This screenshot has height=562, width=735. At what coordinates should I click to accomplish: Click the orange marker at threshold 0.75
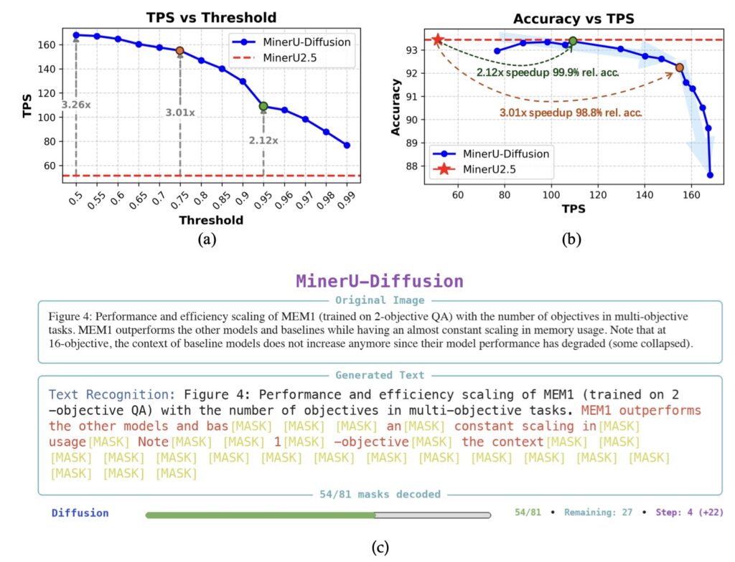pyautogui.click(x=179, y=50)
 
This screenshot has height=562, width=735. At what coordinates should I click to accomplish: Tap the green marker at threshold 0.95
pyautogui.click(x=263, y=106)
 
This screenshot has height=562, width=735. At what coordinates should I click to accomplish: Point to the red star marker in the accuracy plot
pyautogui.click(x=438, y=39)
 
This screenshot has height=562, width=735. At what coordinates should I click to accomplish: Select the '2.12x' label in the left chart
pyautogui.click(x=263, y=140)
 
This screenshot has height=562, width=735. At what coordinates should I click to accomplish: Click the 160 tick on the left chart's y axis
pyautogui.click(x=45, y=44)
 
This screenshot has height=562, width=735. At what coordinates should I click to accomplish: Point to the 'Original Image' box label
pyautogui.click(x=380, y=301)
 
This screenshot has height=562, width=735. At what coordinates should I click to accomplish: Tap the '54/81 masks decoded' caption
pyautogui.click(x=380, y=495)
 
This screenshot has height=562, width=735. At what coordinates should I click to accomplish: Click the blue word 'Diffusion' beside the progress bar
pyautogui.click(x=80, y=513)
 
